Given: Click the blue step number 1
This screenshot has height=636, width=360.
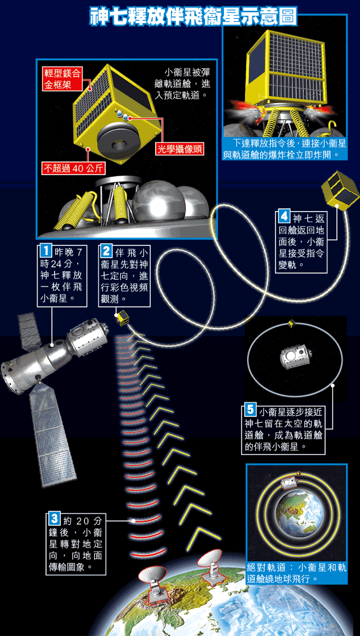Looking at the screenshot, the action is pos(46,250).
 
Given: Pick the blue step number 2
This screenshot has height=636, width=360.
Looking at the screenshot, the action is pos(106,250).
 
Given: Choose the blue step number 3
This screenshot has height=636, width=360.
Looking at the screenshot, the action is pos(53,519).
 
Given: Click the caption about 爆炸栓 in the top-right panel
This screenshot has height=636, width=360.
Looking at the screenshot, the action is pos(285,149).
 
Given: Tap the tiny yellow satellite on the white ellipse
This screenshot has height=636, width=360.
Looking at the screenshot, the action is pos(291,323).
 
